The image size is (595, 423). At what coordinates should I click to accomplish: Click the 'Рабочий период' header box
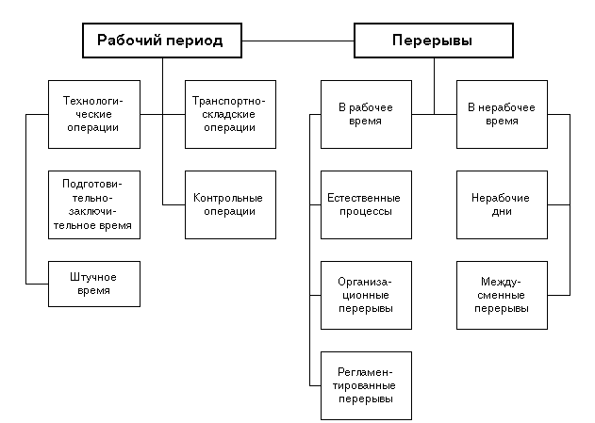(162, 41)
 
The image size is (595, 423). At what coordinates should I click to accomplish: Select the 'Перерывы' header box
(434, 41)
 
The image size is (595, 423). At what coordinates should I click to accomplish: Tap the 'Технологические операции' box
(94, 114)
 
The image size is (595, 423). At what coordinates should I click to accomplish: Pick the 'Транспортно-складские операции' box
(230, 114)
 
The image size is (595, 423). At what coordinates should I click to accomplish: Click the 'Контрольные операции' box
(230, 204)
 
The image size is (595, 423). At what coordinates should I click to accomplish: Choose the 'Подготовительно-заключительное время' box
(94, 204)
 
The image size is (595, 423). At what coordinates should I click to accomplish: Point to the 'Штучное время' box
(94, 284)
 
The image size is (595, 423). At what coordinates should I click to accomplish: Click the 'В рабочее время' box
(366, 114)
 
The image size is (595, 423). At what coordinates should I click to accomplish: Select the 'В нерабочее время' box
(502, 114)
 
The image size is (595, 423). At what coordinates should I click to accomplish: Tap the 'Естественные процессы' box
(366, 204)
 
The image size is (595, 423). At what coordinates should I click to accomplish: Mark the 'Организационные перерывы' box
(366, 295)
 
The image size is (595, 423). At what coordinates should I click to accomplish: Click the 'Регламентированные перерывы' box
(366, 386)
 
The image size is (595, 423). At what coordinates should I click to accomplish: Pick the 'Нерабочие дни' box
(502, 204)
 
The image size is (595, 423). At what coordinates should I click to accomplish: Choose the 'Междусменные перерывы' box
(502, 295)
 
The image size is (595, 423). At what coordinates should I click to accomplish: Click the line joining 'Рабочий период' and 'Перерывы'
(298, 41)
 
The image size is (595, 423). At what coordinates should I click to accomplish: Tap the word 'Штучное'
(93, 277)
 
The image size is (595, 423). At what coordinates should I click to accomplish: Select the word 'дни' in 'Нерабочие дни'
(502, 211)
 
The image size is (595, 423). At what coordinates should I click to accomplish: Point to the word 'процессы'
(366, 211)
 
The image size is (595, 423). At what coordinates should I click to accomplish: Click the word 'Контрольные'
(227, 198)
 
